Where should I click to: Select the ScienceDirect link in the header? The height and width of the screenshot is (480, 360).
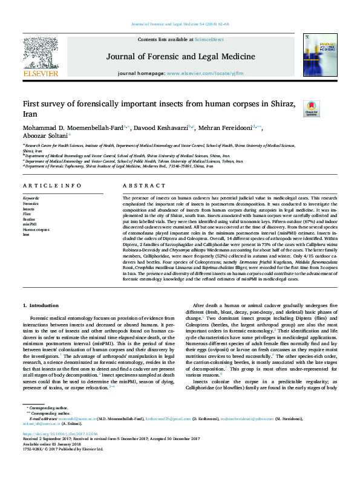(210, 39)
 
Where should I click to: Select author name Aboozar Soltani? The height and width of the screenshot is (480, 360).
(47, 137)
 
